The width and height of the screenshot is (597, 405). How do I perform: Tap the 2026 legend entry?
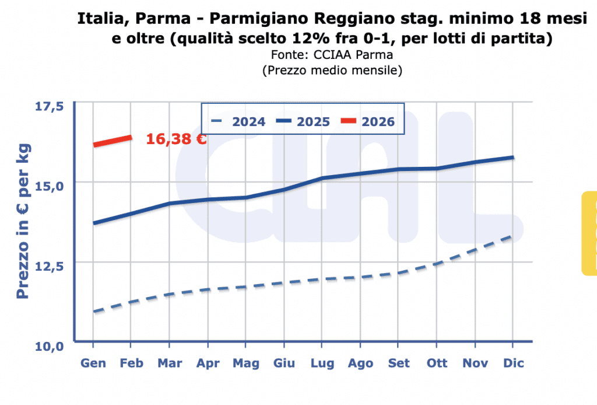(x=368, y=121)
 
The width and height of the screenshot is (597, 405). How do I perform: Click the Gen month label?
(x=93, y=363)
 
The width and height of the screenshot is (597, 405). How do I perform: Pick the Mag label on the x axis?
(x=246, y=363)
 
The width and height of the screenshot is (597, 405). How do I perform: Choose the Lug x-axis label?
(x=322, y=363)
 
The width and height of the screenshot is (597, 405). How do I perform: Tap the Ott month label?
(x=437, y=363)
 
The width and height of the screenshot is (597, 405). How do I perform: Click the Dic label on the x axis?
(x=513, y=363)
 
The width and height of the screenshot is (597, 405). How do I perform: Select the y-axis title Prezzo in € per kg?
(x=23, y=221)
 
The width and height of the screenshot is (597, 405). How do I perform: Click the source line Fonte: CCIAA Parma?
(x=332, y=55)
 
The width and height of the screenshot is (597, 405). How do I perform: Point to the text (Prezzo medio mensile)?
(x=332, y=71)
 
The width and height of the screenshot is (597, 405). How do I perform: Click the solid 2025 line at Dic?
(x=512, y=158)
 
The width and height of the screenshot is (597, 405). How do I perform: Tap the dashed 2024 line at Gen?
(x=94, y=312)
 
